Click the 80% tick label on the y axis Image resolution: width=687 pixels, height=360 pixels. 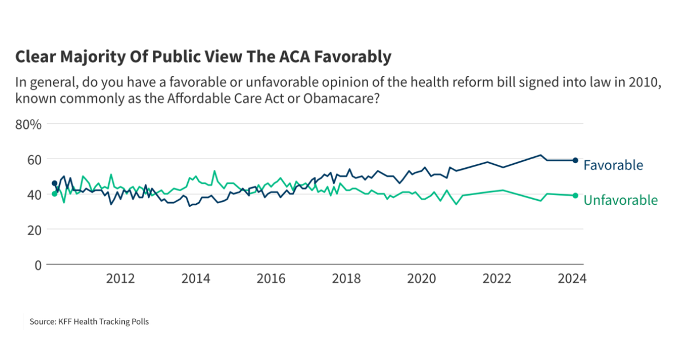coord(28,124)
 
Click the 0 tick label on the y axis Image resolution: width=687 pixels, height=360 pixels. coord(38,265)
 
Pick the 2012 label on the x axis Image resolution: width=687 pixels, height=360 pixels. coord(120,279)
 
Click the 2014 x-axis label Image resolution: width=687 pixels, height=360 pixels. coord(196,279)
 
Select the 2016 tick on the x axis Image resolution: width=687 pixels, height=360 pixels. coord(271,279)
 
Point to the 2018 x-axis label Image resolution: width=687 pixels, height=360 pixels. coord(346,279)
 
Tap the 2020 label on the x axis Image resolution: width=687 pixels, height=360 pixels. coord(421,279)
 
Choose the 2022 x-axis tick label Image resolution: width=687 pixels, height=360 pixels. coord(497,279)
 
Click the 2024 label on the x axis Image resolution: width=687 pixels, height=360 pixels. coord(572,279)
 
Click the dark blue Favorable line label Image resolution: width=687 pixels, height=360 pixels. coord(613,165)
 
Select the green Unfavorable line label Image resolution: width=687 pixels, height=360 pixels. coord(621,200)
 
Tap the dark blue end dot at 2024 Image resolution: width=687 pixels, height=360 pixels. coord(575,160)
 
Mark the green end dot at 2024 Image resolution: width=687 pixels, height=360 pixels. coord(575,195)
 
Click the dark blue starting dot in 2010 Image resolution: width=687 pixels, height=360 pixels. coord(54,183)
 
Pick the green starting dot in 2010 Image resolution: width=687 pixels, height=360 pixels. coord(54,194)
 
